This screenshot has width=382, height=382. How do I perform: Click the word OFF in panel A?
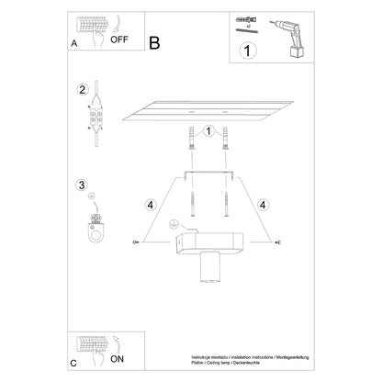118,39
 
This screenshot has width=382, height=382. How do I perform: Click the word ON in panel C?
117,359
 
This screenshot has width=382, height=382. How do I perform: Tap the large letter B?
153,42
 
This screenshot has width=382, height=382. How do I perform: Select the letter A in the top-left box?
74,42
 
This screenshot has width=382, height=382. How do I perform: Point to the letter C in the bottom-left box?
73,364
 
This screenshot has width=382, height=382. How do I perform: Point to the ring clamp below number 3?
92,225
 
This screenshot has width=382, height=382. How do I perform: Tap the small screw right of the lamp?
277,242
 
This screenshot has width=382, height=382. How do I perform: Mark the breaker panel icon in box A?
89,28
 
